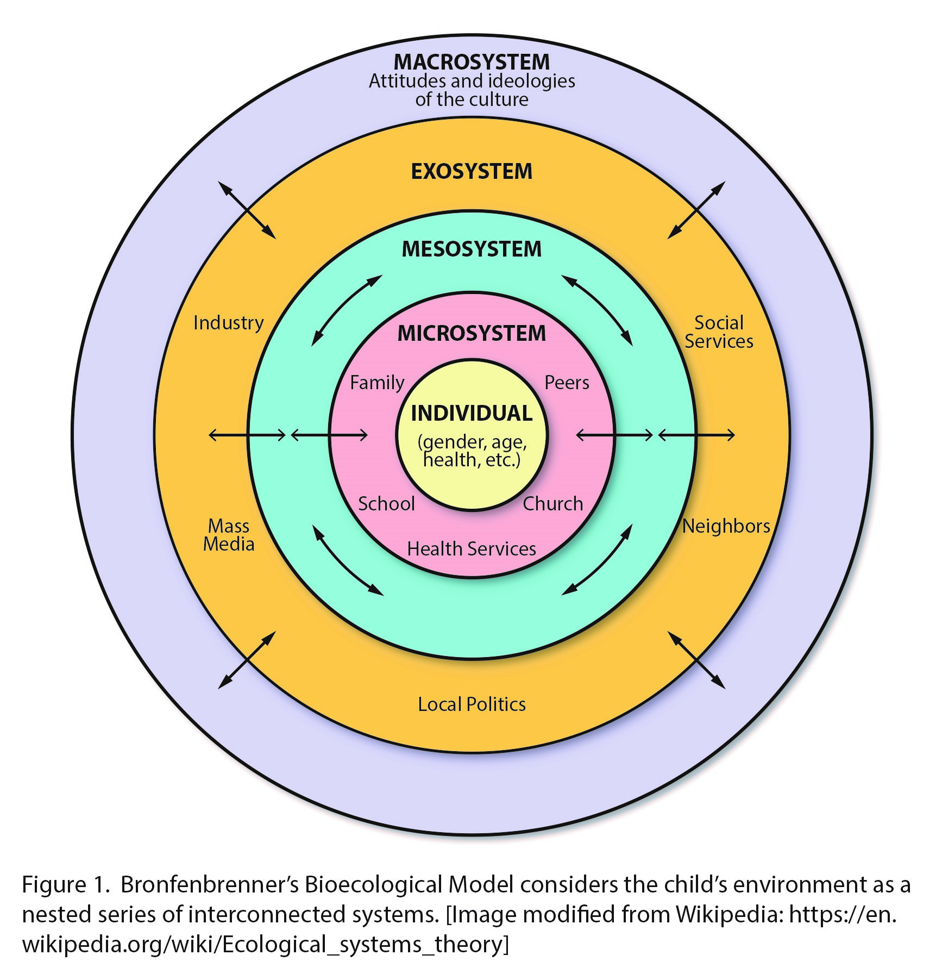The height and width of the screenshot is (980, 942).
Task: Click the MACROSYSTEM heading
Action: coord(472,62)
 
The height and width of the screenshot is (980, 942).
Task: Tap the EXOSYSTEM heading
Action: coord(472,172)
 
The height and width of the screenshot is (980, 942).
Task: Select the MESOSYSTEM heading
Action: coord(472,249)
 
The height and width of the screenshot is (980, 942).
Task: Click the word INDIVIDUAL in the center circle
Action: coord(472,414)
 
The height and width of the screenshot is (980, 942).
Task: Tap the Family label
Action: coord(377,383)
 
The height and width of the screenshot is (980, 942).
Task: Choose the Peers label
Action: coord(567,383)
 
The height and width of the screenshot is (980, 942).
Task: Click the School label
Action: coord(386,504)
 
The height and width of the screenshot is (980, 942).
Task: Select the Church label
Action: coord(552,504)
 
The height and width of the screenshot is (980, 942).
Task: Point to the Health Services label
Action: coord(472,549)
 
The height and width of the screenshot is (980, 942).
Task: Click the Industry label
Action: coord(228,323)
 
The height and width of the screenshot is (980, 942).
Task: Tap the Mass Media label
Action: coord(229,535)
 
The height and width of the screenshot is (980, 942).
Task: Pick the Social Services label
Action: coord(719,332)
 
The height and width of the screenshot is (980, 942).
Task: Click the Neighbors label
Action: coord(726,526)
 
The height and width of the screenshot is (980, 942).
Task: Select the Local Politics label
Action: coord(472,704)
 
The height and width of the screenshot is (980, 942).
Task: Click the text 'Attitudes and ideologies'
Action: coord(472,82)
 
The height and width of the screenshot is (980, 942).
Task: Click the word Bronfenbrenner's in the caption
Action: coord(209,885)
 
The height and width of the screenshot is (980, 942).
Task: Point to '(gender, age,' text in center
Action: coord(472,441)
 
